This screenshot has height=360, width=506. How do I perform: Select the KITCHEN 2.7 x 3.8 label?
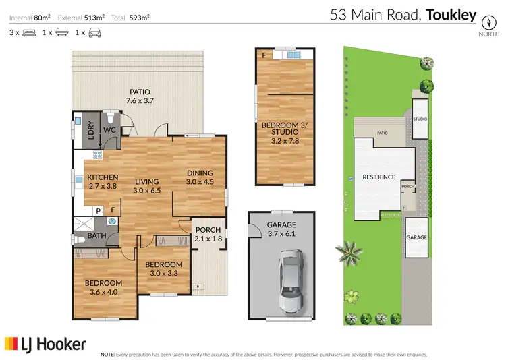tap(103, 182)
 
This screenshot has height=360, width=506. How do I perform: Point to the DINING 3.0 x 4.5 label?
tap(200, 177)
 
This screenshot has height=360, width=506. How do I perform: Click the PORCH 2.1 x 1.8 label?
tap(208, 234)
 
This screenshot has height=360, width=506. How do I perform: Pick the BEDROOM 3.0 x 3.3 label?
tap(164, 268)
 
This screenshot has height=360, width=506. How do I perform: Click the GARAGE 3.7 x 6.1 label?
tap(281, 229)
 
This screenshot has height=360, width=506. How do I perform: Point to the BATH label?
tap(96, 236)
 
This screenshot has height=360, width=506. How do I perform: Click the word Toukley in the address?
tap(451, 14)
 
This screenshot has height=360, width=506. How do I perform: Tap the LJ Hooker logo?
tap(45, 344)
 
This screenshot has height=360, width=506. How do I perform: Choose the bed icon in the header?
tap(28, 32)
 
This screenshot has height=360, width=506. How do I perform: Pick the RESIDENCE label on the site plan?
tap(378, 177)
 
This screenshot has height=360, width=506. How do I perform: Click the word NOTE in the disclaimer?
tap(107, 354)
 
